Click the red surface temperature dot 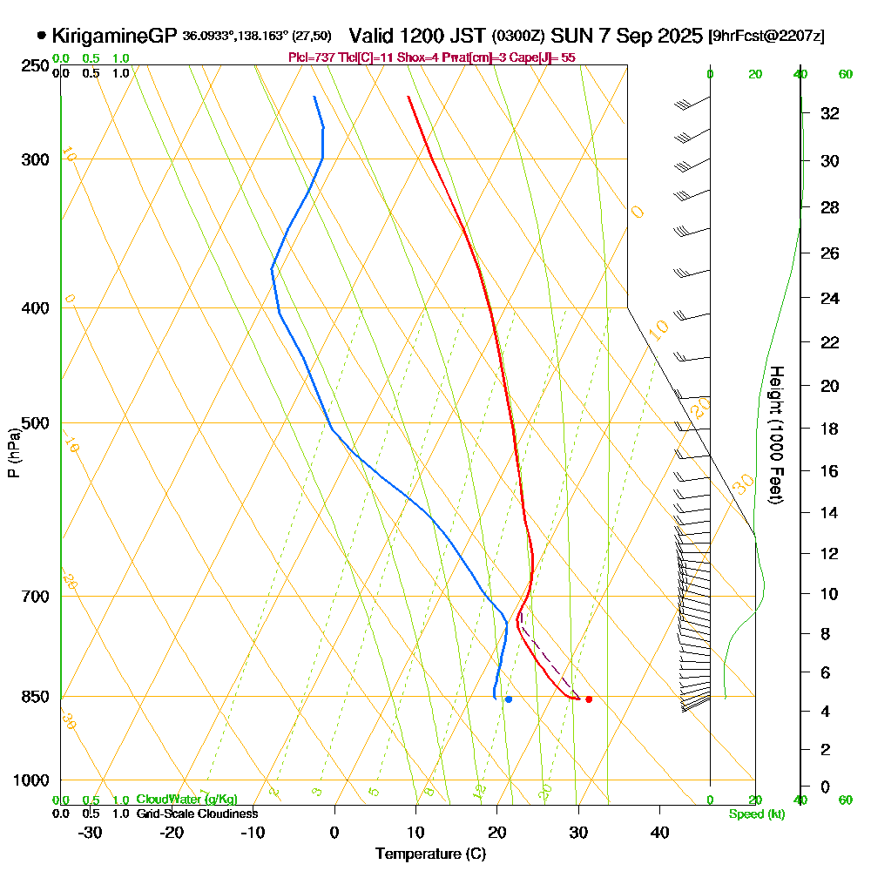[589, 699]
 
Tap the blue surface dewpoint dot [509, 699]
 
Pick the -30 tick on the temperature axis [91, 833]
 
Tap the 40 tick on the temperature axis [659, 833]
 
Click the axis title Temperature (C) [430, 854]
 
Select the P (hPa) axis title [14, 453]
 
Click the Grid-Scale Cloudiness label [197, 814]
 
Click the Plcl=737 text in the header [308, 57]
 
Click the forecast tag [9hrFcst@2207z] [766, 37]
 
